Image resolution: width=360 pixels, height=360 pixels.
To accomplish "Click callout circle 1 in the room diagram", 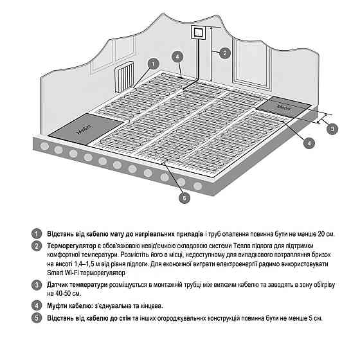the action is pyautogui.click(x=154, y=64).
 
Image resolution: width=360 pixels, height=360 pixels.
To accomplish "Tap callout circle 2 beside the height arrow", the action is pyautogui.click(x=225, y=53).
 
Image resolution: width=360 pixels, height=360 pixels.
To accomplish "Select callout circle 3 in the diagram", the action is pyautogui.click(x=332, y=129).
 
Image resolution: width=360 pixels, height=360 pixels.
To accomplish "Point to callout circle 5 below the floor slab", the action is pyautogui.click(x=184, y=198).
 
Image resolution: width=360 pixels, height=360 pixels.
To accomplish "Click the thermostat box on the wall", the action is pyautogui.click(x=197, y=33).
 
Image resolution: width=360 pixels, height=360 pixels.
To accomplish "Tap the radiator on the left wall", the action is pyautogui.click(x=124, y=77).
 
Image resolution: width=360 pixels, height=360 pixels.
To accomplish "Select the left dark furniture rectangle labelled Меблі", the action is pyautogui.click(x=85, y=129).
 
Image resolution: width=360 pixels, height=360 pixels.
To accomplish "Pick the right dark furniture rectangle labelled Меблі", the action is pyautogui.click(x=283, y=107).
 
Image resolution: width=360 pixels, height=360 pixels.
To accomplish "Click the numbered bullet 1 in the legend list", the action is pyautogui.click(x=36, y=234).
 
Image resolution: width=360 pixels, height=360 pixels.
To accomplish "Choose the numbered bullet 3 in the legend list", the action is pyautogui.click(x=36, y=285).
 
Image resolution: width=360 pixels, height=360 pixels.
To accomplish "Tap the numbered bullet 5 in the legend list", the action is pyautogui.click(x=36, y=318).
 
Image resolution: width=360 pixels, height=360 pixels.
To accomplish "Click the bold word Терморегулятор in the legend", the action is pyautogui.click(x=71, y=246).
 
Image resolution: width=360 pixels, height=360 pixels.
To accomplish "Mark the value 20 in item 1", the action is pyautogui.click(x=321, y=234).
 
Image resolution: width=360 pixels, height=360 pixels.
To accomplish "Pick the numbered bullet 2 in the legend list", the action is pyautogui.click(x=36, y=246).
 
